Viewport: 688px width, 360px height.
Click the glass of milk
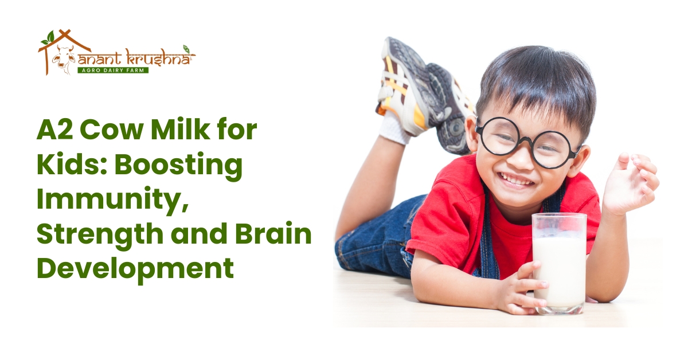[559, 264]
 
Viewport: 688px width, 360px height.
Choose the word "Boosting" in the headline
[178, 166]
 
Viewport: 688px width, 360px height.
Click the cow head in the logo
[63, 60]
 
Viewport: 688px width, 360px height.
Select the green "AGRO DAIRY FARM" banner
[113, 71]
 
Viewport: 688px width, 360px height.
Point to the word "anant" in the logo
[101, 58]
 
